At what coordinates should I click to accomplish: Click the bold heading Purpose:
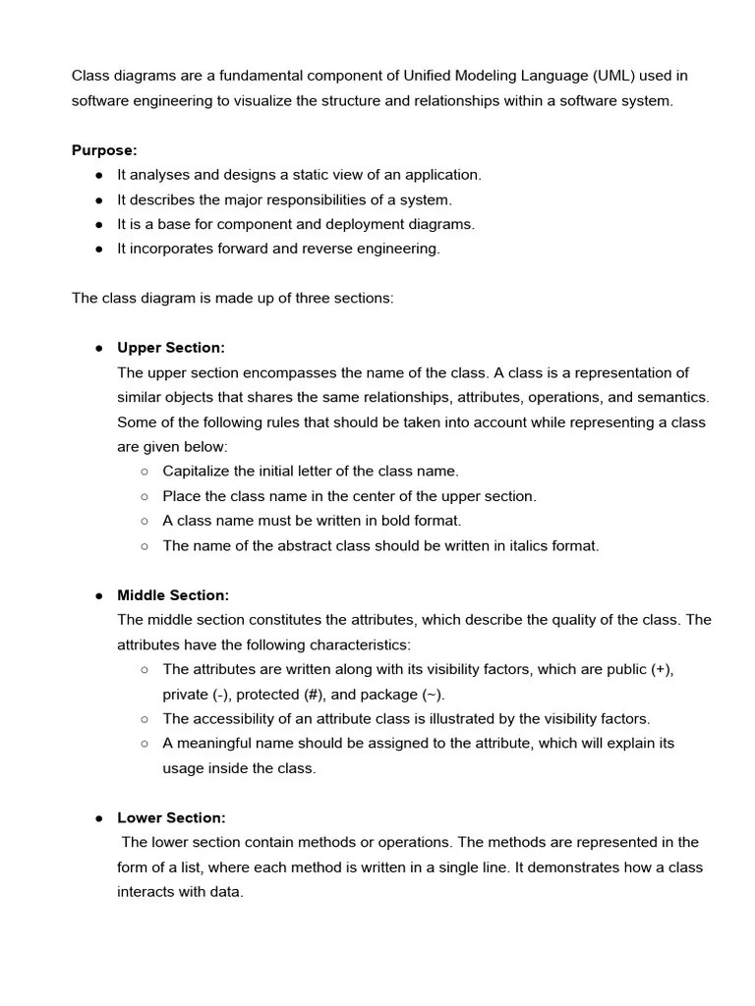pos(104,150)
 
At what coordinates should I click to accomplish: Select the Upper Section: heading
pos(171,348)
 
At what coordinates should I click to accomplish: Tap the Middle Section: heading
pos(173,595)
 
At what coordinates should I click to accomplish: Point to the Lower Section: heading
pos(171,817)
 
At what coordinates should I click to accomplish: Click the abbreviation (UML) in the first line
pos(618,76)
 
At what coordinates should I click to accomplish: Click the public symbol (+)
pos(662,669)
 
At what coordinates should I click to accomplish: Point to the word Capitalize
pos(197,471)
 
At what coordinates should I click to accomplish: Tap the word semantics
pos(673,397)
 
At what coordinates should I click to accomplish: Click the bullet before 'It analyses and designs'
pos(99,175)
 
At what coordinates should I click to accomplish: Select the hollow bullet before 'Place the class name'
pos(145,496)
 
